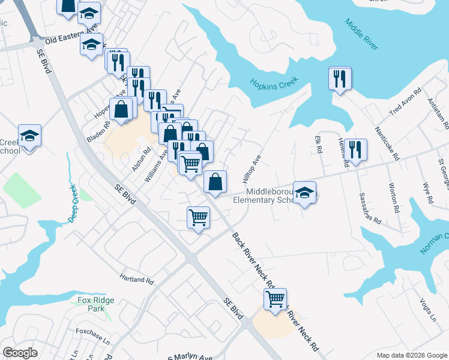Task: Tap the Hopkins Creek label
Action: [x=270, y=85]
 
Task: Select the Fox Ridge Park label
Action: [x=91, y=304]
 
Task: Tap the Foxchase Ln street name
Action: [x=93, y=335]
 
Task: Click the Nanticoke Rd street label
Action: [x=387, y=143]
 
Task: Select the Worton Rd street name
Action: [x=394, y=199]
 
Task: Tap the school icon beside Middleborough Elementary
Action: [x=305, y=193]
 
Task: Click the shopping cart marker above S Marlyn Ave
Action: [x=275, y=298]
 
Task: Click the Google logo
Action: [x=20, y=353]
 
